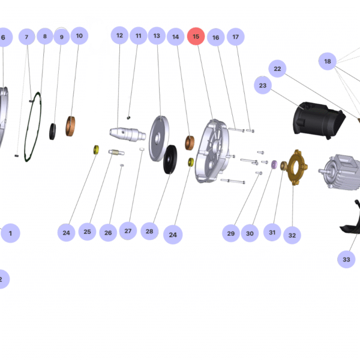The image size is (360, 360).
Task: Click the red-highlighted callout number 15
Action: point(196,37)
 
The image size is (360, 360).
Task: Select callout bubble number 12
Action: point(119,36)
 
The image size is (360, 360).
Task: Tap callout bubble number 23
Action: point(263,86)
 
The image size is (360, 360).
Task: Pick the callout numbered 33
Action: point(346,259)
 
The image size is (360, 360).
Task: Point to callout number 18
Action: point(328,61)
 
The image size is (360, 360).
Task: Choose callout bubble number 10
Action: point(79,36)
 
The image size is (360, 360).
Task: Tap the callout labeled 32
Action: point(292,235)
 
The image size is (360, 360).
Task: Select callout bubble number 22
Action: point(277,69)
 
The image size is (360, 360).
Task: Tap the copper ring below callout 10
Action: point(74,126)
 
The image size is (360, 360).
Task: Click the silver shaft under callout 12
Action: point(127,132)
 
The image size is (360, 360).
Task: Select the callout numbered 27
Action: point(127,230)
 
